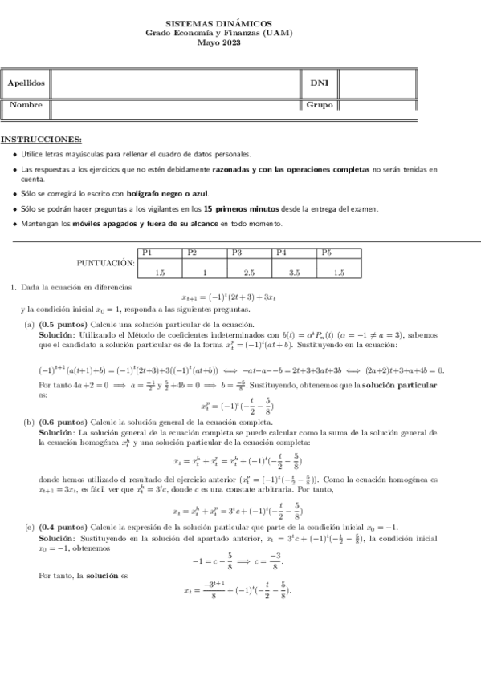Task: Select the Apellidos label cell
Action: tap(26, 83)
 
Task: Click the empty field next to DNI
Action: tap(377, 83)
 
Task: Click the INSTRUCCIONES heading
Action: tap(41, 139)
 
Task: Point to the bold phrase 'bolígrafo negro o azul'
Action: tap(177, 194)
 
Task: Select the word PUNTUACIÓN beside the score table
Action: tap(104, 263)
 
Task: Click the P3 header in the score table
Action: tap(238, 253)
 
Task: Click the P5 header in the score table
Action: tap(327, 253)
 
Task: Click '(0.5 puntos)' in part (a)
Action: tap(63, 324)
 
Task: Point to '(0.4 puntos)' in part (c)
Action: tap(63, 526)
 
